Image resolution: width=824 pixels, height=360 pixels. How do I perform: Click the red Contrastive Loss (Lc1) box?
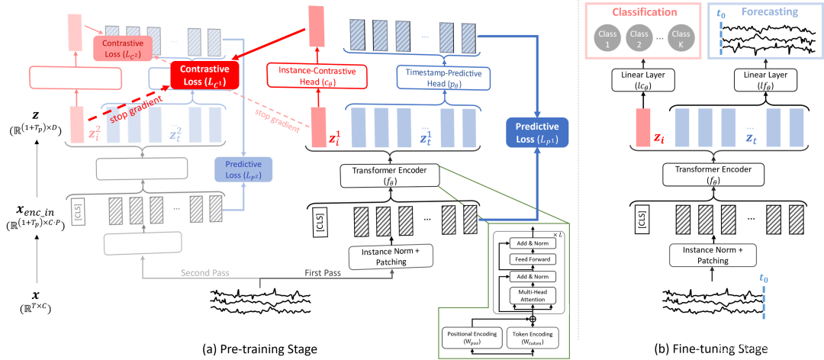204,75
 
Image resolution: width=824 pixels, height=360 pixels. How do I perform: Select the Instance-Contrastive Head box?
316,75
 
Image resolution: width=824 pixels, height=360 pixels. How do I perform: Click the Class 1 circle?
606,38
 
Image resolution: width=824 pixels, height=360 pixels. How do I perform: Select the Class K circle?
681,38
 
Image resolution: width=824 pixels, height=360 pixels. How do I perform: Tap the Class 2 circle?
639,38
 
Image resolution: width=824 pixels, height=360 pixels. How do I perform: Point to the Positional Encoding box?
472,337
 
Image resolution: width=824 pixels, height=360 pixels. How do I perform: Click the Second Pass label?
204,272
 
